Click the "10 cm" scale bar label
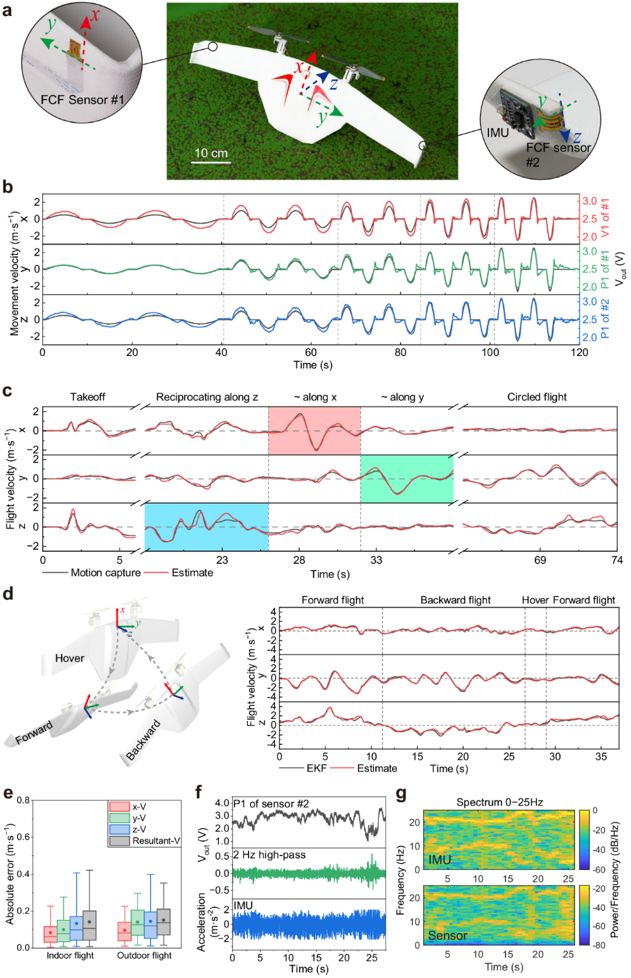point(211,153)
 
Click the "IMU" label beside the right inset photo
point(497,132)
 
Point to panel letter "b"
point(8,187)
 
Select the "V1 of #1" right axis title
point(605,218)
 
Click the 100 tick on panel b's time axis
point(490,352)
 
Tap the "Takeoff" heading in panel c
point(87,397)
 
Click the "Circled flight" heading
point(537,397)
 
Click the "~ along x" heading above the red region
point(314,397)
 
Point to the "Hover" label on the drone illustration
point(69,658)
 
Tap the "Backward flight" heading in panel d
point(455,600)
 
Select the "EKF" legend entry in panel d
point(313,768)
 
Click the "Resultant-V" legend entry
point(156,841)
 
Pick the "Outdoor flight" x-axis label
point(144,955)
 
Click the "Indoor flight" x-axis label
point(70,955)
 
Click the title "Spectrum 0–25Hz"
point(499,802)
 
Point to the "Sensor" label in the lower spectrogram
point(447,935)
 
